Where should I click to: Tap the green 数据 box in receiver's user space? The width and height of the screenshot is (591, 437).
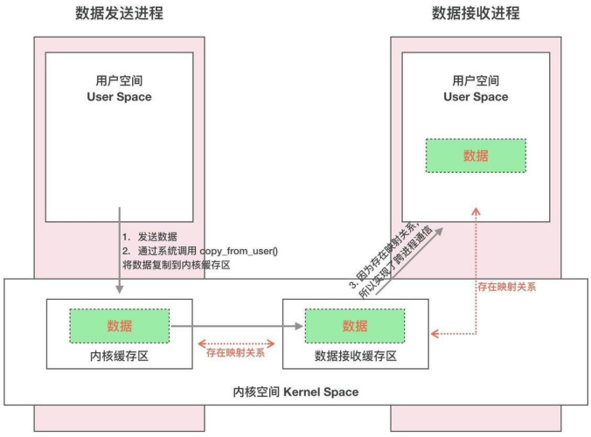pos(476,156)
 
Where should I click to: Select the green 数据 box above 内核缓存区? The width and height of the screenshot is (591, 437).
pos(120,325)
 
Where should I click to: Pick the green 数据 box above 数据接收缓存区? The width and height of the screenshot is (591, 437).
pos(355,325)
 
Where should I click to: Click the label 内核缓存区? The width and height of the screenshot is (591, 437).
pos(120,356)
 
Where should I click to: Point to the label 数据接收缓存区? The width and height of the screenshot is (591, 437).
pos(355,356)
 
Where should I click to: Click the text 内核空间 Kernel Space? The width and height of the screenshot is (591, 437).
pos(295,392)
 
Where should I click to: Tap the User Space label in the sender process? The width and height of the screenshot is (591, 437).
pos(119,97)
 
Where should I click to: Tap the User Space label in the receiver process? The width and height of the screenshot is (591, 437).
pos(476,97)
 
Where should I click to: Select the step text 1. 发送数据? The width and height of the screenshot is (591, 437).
pos(150,237)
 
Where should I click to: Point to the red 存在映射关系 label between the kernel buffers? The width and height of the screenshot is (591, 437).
pos(235,352)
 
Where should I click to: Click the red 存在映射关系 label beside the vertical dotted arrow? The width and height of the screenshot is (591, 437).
pos(507,286)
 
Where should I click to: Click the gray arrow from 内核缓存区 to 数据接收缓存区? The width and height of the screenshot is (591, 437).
pos(236,325)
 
